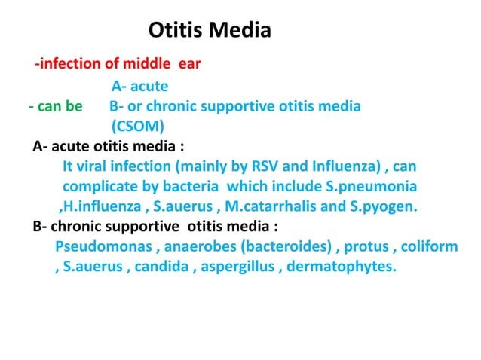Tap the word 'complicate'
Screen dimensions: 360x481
coord(100,185)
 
